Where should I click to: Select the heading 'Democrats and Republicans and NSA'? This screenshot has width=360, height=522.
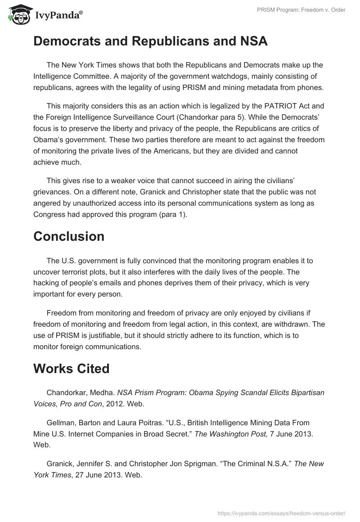(x=150, y=41)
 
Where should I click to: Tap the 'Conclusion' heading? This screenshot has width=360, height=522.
(x=69, y=236)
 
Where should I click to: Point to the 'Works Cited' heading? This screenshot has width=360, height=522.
(x=71, y=369)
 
